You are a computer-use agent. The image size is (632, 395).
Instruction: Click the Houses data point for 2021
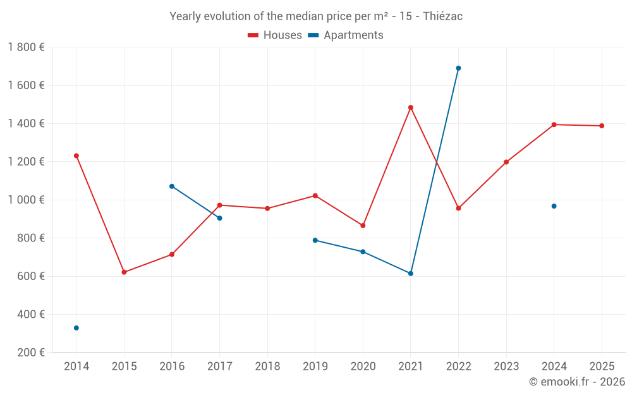(x=411, y=107)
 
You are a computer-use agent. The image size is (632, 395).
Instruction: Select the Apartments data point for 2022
(x=458, y=68)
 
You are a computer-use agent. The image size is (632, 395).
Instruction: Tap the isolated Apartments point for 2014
(x=76, y=328)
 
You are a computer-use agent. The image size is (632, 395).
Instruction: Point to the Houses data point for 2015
(x=124, y=272)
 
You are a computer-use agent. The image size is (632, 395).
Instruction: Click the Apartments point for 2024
(x=554, y=206)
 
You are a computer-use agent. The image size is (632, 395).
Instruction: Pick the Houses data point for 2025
(x=602, y=126)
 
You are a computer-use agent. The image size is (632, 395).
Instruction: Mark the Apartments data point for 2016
(x=172, y=186)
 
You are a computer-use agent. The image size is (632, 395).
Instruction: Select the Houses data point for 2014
(x=76, y=155)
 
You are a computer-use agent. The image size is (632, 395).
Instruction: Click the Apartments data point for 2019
(x=315, y=240)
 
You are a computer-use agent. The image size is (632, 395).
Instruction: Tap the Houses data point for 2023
(x=506, y=162)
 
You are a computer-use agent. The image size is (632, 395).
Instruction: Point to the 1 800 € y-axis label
(x=26, y=47)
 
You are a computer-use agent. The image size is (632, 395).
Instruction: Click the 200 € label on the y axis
(x=30, y=353)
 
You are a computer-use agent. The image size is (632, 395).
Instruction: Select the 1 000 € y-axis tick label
(x=26, y=200)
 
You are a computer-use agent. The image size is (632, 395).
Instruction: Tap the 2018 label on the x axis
(x=267, y=367)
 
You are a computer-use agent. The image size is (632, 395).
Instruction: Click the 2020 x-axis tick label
(x=363, y=367)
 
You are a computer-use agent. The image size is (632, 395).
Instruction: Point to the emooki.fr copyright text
(x=576, y=382)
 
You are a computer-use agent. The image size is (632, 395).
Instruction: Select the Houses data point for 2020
(x=363, y=226)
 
